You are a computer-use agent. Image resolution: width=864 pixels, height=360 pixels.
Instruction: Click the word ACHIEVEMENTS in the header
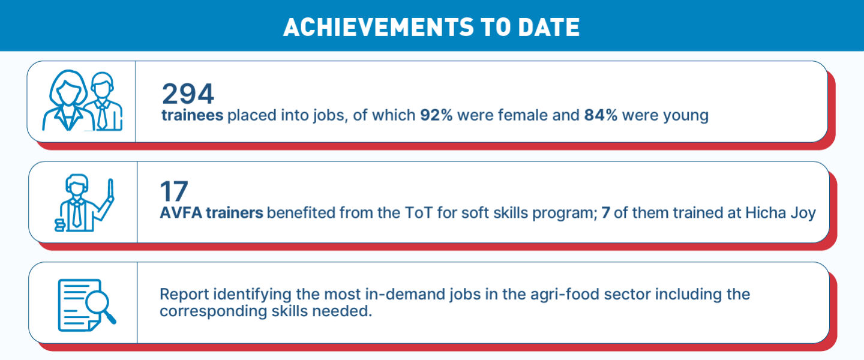[x=379, y=27]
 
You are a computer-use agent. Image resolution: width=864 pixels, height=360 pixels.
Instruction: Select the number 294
[x=188, y=94]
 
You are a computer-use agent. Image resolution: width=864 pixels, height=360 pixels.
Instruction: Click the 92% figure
[x=436, y=115]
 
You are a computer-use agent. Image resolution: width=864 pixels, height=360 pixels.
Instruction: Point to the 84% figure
[x=601, y=115]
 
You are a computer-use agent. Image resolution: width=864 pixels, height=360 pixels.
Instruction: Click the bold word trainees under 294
[x=192, y=115]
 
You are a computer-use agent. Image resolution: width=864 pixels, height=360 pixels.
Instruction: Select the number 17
[x=174, y=191]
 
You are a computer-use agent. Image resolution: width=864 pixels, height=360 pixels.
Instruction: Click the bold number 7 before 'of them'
[x=605, y=212]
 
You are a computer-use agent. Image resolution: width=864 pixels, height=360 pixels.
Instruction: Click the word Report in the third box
[x=184, y=294]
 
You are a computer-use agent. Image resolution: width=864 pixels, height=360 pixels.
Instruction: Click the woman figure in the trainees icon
[x=68, y=101]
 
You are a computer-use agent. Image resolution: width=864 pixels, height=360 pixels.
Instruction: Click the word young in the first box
[x=685, y=116]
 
